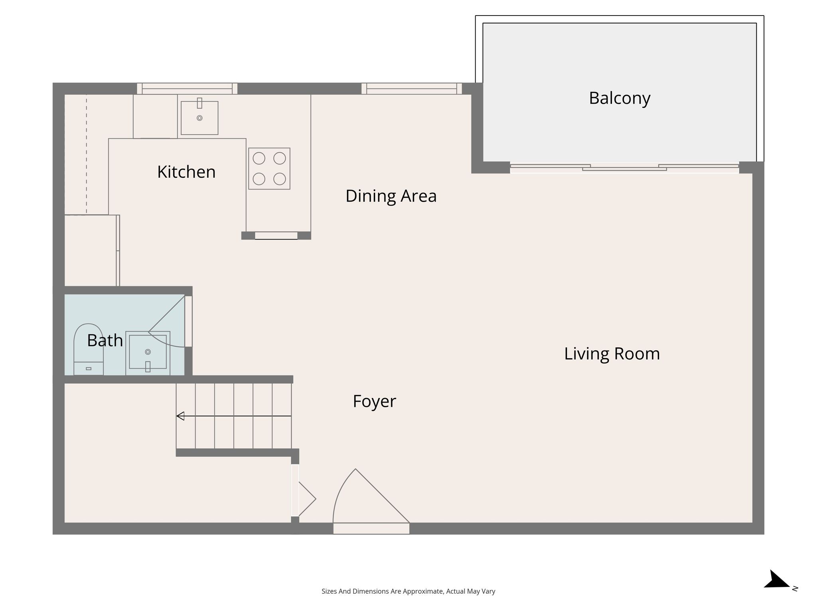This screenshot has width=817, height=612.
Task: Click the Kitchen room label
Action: pos(186,172)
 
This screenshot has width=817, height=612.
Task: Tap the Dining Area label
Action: pos(391,196)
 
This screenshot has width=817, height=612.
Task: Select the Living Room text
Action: pos(612,354)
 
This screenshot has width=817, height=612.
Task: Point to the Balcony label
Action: pos(620,98)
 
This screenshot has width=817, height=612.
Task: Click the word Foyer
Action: pos(374,401)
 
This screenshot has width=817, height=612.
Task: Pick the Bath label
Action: pos(105,341)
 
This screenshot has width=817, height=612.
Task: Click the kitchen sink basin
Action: pos(199,118)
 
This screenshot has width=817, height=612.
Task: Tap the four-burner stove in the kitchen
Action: pos(269,169)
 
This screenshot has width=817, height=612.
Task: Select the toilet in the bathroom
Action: pos(89,349)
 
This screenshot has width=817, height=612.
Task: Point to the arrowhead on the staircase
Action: pos(180,416)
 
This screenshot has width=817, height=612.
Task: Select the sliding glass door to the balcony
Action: pos(624,168)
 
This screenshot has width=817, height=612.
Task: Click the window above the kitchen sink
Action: pos(187,88)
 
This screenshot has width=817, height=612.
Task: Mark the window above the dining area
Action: pos(412,88)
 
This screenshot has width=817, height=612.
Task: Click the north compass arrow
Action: pos(776,579)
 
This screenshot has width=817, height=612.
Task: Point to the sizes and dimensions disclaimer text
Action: pos(408,591)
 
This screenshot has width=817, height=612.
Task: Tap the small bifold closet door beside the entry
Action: pos(307,499)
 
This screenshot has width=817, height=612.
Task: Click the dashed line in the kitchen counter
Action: pos(87,155)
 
